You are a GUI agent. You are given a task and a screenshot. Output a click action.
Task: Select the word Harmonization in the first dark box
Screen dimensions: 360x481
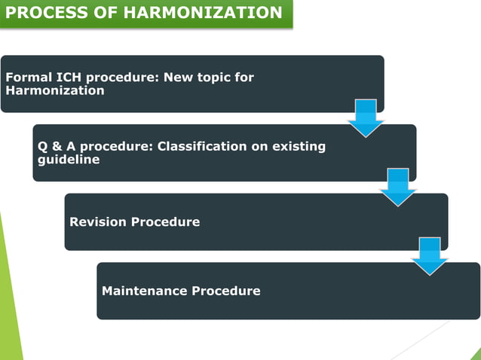[54, 90]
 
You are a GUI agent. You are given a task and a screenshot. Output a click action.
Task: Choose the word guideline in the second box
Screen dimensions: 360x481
[69, 159]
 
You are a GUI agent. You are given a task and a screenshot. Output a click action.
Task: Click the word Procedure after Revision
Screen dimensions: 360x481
[165, 222]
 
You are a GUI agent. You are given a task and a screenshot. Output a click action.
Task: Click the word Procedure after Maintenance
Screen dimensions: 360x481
[225, 291]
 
